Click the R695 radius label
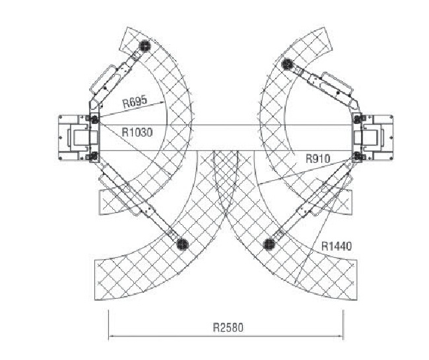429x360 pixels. [135, 101]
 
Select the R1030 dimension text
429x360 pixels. [137, 133]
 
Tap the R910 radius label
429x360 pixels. [318, 158]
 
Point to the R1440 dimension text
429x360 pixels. [336, 246]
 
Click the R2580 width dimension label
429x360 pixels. [228, 327]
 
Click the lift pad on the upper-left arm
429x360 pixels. [145, 46]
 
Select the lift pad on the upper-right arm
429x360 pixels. [287, 65]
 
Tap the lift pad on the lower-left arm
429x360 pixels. [182, 243]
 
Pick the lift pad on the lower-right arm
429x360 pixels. [269, 244]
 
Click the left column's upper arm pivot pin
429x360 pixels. [94, 119]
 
